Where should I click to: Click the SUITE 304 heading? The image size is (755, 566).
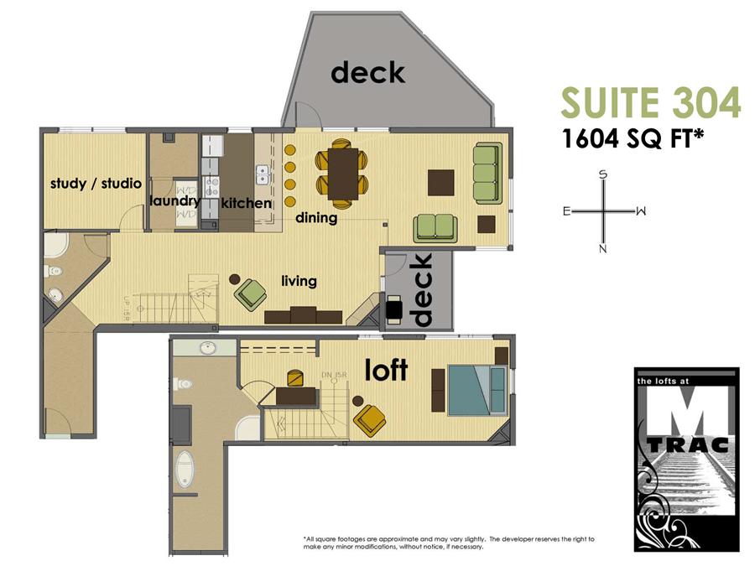[650, 102]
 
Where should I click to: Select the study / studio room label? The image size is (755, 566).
[96, 183]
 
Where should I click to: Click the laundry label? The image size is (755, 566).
[174, 201]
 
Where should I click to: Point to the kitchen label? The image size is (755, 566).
[246, 203]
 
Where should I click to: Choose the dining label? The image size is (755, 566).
[316, 218]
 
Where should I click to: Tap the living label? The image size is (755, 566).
[299, 281]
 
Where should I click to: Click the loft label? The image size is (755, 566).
[386, 369]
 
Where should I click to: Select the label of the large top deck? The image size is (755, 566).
[367, 73]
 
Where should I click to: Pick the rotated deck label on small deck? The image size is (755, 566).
[422, 289]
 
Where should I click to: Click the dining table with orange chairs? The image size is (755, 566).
[342, 174]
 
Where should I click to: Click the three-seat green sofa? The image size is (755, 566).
[487, 173]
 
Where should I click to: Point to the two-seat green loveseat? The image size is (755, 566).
[435, 226]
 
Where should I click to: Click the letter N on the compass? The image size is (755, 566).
[602, 248]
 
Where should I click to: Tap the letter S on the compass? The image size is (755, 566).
[602, 174]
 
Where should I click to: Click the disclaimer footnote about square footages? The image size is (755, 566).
[453, 543]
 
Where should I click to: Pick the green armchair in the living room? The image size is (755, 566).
[250, 293]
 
